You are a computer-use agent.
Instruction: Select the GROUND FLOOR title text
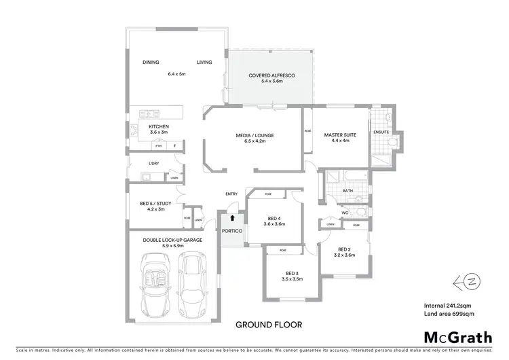[x=269, y=325]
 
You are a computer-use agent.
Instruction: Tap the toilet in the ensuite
[x=392, y=142]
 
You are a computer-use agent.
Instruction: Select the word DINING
[x=151, y=62]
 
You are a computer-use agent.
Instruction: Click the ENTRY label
[x=231, y=195]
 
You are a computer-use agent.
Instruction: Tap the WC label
[x=345, y=213]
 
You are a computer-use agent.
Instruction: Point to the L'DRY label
[x=153, y=164]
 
